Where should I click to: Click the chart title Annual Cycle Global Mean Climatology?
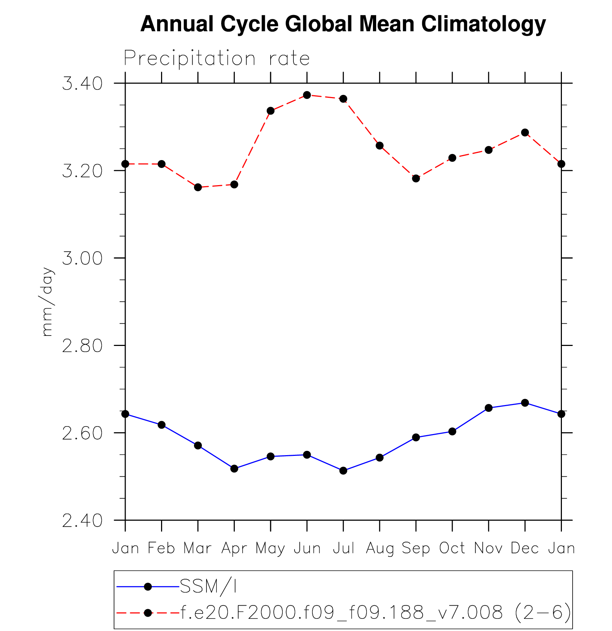tap(343, 24)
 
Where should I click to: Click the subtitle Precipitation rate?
tap(217, 58)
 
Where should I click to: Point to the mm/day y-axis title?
tap(47, 302)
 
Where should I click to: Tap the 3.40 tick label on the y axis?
tap(82, 83)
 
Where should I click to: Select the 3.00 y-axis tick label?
tap(82, 258)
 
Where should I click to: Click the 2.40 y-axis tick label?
tap(82, 521)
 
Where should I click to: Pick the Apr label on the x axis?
tap(234, 548)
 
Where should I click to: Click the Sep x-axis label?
tap(416, 548)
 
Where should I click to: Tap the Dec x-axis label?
tap(525, 548)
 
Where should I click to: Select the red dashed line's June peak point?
tap(307, 95)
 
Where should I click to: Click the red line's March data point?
tap(198, 187)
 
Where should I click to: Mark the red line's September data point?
tap(416, 178)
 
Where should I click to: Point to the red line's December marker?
tap(525, 133)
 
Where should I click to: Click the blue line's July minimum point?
tap(343, 471)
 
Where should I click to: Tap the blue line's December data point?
tap(525, 403)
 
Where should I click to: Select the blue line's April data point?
tap(234, 468)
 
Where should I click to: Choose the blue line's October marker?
tap(452, 432)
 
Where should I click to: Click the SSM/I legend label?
tap(208, 587)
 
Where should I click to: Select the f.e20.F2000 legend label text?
tap(375, 613)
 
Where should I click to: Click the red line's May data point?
tap(271, 111)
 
